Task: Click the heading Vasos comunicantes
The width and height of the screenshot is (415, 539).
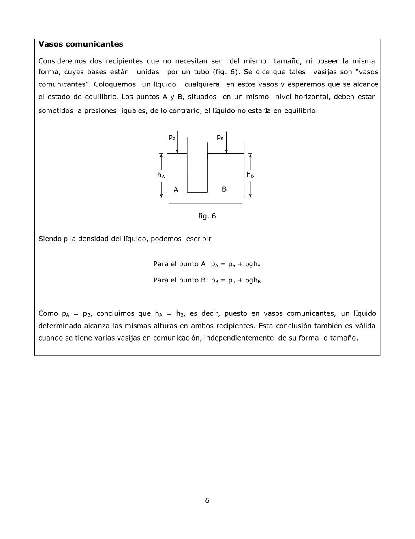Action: [81, 44]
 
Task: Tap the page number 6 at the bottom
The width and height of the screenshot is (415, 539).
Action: [207, 500]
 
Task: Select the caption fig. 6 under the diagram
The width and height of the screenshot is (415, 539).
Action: [207, 216]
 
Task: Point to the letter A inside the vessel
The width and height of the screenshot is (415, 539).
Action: [176, 190]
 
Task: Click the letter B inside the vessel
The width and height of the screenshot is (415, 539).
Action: [224, 189]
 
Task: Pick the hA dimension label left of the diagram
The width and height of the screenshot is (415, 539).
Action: [161, 175]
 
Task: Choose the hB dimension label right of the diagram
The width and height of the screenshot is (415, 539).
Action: [250, 175]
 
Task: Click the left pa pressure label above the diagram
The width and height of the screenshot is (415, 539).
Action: [172, 137]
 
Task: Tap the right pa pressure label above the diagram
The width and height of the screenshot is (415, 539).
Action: [220, 137]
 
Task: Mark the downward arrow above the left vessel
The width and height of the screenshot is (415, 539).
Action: [177, 142]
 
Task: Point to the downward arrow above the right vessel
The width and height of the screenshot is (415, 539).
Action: [226, 142]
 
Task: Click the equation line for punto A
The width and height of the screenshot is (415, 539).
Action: [207, 264]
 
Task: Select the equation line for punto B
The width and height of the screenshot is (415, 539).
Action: [207, 280]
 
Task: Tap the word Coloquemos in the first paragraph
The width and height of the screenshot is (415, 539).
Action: [115, 84]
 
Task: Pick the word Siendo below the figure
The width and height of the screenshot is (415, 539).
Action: [49, 239]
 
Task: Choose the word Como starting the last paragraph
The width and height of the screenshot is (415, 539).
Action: [48, 313]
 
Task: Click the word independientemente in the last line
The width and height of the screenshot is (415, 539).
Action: [239, 338]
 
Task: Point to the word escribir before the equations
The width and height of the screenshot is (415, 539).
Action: [199, 239]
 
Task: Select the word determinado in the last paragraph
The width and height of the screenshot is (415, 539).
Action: [60, 326]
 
